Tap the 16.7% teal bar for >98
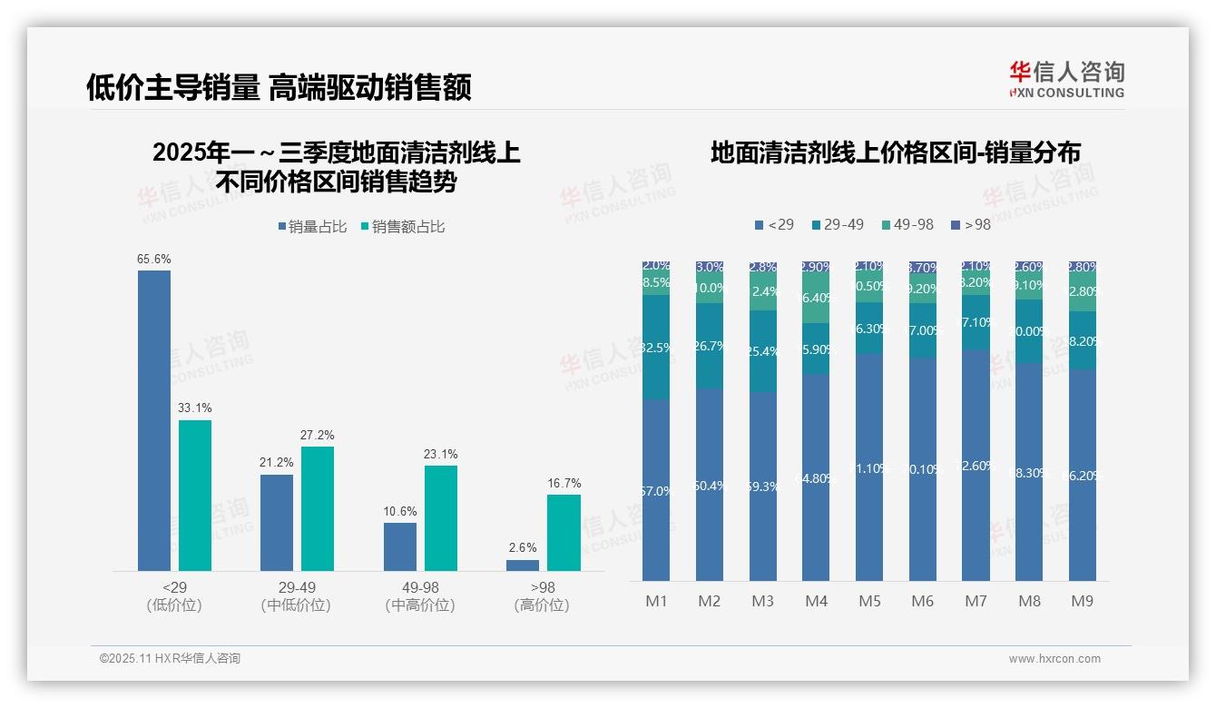pyautogui.click(x=564, y=533)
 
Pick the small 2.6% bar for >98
pyautogui.click(x=523, y=565)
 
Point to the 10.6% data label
pyautogui.click(x=400, y=511)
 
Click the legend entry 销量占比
pyautogui.click(x=312, y=226)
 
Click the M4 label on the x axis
pyautogui.click(x=816, y=601)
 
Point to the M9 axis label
pyautogui.click(x=1083, y=601)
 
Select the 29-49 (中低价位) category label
pyautogui.click(x=297, y=596)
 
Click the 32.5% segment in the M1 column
pyautogui.click(x=656, y=347)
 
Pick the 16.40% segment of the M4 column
pyautogui.click(x=816, y=298)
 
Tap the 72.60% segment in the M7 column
pyautogui.click(x=976, y=466)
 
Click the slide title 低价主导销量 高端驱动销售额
pyautogui.click(x=279, y=88)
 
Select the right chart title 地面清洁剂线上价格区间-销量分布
pyautogui.click(x=895, y=152)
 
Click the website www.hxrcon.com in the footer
pyautogui.click(x=1054, y=659)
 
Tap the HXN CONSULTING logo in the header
pyautogui.click(x=1066, y=80)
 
